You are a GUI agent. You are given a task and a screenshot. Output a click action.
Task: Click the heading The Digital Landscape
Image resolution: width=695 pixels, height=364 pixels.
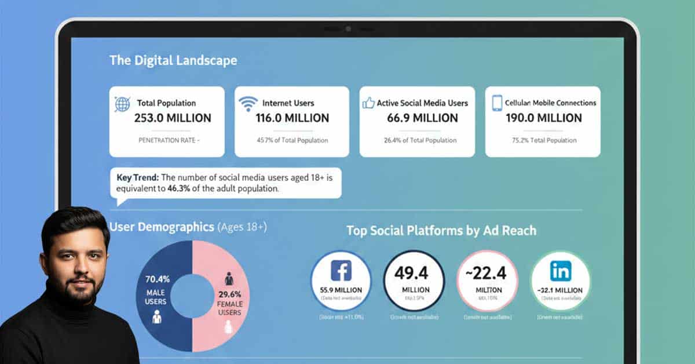pos(173,60)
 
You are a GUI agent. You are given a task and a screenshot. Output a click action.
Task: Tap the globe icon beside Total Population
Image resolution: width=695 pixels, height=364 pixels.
pos(122,104)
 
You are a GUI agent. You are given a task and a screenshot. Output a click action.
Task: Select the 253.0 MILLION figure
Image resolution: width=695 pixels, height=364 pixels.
pos(173,118)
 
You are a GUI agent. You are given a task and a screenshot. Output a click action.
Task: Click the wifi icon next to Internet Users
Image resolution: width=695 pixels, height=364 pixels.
pos(248,103)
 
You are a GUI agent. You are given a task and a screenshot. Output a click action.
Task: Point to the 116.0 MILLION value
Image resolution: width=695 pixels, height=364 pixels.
pos(292,118)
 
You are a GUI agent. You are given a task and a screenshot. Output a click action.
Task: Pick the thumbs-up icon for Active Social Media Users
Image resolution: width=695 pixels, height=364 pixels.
pos(368,103)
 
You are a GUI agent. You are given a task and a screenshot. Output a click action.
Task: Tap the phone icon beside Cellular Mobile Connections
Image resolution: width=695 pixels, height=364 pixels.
pos(496,103)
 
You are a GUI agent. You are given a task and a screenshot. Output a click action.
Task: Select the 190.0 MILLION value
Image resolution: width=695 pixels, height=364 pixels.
pos(543,118)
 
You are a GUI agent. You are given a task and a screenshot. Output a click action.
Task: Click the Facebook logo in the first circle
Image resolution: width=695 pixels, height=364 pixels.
pos(341,271)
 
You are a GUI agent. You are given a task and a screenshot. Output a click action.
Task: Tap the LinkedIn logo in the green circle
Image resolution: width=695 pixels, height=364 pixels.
pos(561,270)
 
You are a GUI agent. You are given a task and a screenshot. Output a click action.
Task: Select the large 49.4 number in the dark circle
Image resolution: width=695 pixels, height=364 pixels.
pos(414,271)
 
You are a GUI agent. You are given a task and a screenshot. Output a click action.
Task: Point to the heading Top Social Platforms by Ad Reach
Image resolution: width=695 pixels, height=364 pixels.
pos(441,231)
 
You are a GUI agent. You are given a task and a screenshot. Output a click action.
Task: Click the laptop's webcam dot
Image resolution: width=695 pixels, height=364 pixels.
pos(348,28)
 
